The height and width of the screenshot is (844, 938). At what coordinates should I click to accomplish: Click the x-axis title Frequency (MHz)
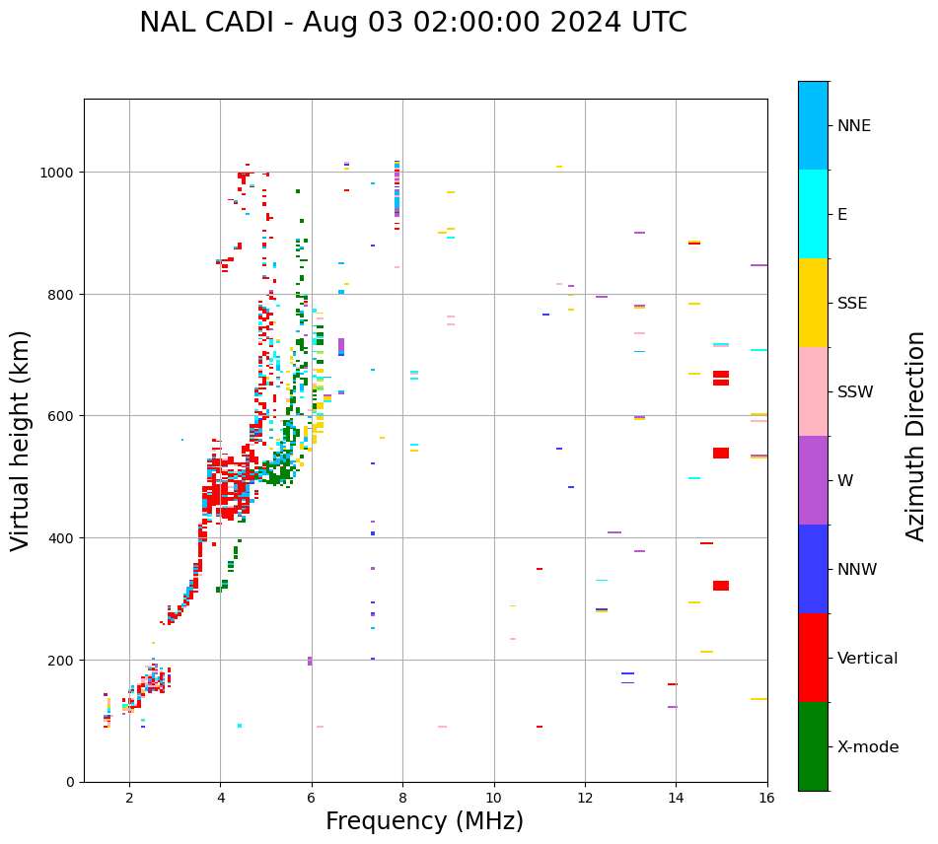point(424,821)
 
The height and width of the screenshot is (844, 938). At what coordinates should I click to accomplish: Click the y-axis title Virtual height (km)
point(22,441)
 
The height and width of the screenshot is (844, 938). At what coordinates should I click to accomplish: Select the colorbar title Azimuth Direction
point(916,436)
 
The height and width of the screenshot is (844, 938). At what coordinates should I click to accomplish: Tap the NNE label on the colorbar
point(854,126)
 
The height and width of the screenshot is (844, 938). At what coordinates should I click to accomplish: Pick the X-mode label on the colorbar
point(868,747)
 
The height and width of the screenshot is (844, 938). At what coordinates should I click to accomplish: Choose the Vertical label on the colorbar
point(868,659)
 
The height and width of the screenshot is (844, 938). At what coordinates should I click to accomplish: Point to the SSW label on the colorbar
point(855,392)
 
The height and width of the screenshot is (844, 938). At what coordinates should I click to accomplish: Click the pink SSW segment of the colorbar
point(813,391)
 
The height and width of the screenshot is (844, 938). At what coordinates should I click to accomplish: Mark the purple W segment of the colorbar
point(813,480)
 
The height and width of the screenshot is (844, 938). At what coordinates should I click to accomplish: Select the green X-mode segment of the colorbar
point(813,746)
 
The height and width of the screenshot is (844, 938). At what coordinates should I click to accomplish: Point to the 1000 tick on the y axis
point(57,173)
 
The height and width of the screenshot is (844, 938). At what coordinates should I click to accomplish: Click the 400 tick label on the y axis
point(61,538)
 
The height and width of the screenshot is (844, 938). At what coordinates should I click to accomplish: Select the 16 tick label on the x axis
point(767,799)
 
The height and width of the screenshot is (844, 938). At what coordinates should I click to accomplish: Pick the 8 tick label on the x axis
point(402,799)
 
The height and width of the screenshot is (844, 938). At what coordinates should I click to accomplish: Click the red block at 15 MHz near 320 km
point(721,586)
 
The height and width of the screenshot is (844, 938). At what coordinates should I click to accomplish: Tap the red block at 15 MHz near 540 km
point(721,454)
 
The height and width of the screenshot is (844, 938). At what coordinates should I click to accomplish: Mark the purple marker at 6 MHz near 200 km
point(310,661)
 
